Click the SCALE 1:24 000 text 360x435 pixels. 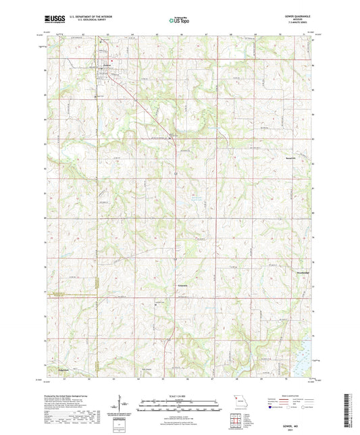pyautogui.click(x=179, y=396)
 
